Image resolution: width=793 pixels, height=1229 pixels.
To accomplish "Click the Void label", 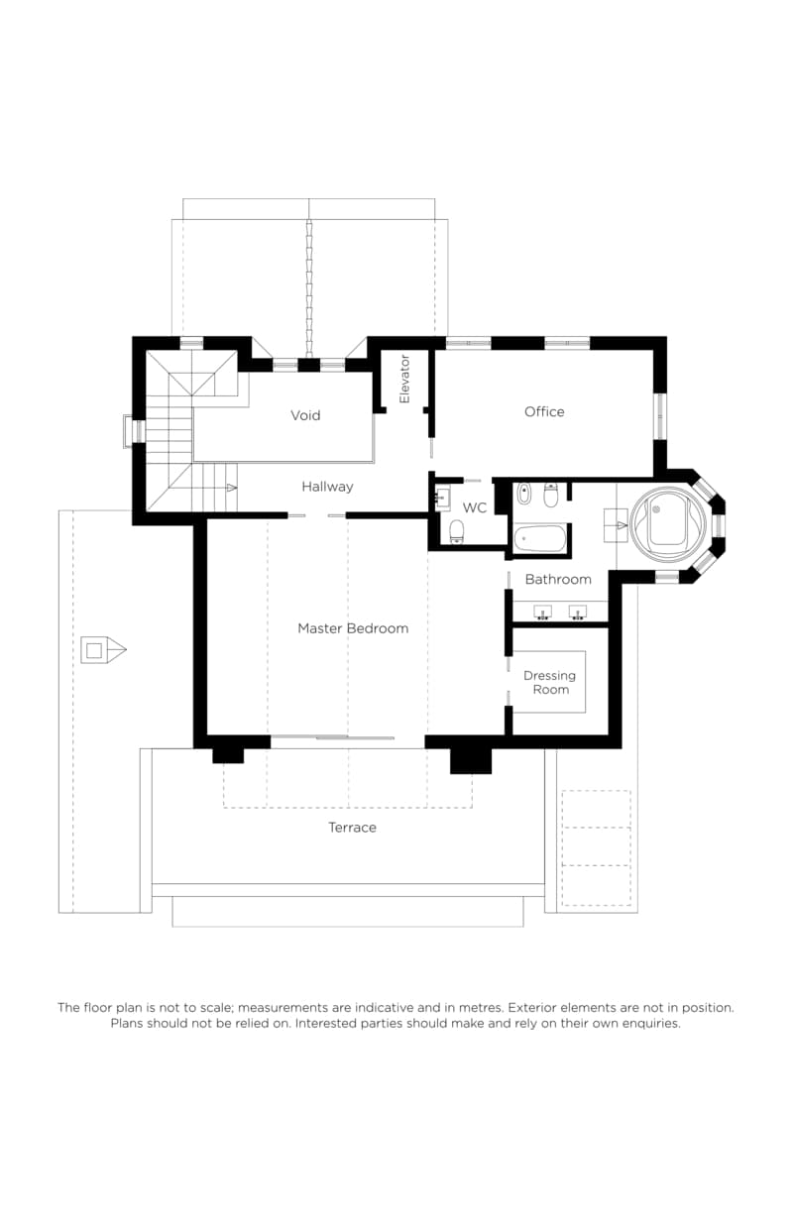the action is click(x=305, y=415).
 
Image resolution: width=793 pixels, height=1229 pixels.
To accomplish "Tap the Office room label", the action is click(x=544, y=411).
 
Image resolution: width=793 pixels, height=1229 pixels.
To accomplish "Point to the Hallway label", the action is click(x=327, y=486).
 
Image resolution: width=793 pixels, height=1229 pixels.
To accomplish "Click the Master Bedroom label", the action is click(x=353, y=628).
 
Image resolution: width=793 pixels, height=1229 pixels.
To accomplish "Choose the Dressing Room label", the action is click(x=549, y=683).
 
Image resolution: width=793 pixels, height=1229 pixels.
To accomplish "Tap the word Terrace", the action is click(x=352, y=827).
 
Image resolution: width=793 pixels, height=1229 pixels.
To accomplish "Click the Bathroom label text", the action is click(x=558, y=579).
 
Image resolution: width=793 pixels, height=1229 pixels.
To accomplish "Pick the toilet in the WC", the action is click(x=457, y=531).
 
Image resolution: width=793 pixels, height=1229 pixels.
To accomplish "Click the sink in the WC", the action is click(x=443, y=499).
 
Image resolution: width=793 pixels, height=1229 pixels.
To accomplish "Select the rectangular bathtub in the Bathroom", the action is click(x=539, y=539).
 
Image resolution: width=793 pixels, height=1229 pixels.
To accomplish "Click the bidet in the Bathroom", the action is click(x=523, y=494).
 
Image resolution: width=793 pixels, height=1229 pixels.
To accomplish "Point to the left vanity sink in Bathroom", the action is click(x=543, y=613).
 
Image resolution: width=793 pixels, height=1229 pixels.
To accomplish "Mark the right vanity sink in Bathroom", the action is click(x=577, y=613).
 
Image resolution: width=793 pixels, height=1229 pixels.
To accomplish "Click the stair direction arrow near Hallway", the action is click(x=232, y=488).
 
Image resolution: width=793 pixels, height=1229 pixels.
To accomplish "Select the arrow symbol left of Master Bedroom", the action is click(x=104, y=650).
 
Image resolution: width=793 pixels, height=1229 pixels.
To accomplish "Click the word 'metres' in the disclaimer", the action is click(x=483, y=1007).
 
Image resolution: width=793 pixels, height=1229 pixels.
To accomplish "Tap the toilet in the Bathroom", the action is click(x=551, y=495).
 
